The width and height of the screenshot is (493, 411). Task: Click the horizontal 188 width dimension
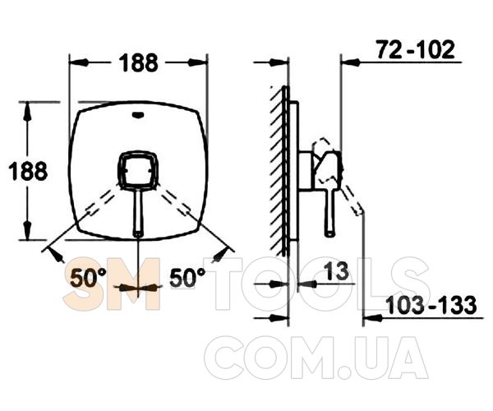138,62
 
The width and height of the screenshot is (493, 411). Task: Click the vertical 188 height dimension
28,171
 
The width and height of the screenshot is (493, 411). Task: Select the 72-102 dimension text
416,49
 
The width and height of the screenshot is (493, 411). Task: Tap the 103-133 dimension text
431,305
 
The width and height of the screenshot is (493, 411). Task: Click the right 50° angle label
187,278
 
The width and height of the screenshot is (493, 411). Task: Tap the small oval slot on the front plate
138,115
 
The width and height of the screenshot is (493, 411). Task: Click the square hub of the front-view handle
137,170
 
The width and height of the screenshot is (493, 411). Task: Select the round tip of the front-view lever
138,233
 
